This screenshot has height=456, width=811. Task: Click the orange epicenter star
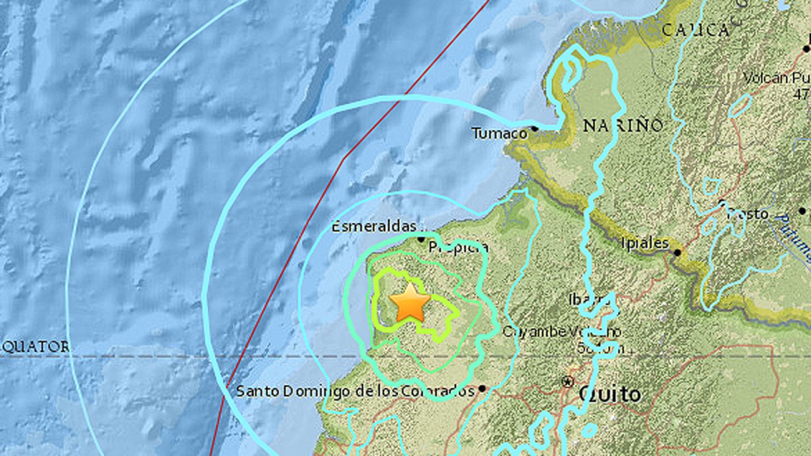pos(410,303)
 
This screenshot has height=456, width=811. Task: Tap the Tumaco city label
pos(499,133)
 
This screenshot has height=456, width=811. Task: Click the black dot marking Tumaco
pos(534,129)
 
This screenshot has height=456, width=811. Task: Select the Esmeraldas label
pos(374,226)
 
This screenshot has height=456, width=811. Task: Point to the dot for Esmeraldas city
pos(421,239)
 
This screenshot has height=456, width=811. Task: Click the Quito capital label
pos(610,394)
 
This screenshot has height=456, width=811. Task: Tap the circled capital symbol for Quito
pos(568,381)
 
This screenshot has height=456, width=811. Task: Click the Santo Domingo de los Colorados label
pos(355,391)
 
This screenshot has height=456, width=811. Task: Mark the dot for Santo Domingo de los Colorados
pos(482,389)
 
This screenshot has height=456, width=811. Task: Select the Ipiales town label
pos(645,244)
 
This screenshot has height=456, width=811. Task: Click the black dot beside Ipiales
pos(677,252)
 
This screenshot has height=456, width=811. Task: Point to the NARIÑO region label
pos(622,125)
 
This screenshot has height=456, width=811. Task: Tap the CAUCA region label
pos(695,30)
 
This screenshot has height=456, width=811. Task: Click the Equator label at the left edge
pos(34,347)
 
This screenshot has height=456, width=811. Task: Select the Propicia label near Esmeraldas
pos(458,247)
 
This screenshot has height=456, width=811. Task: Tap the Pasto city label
pos(748,214)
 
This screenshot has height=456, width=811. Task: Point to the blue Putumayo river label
pos(796,238)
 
